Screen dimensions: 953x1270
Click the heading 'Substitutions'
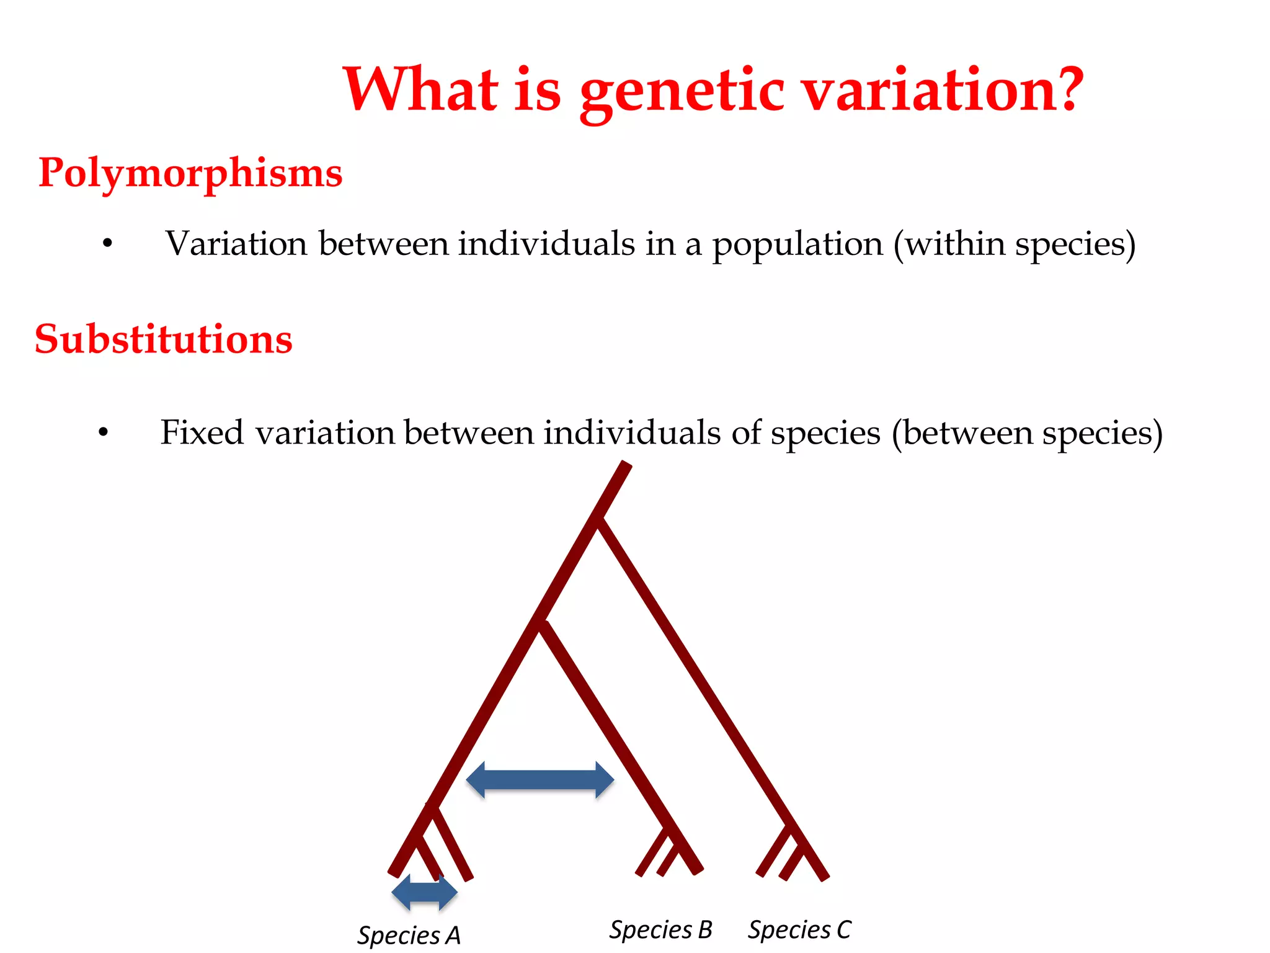point(164,339)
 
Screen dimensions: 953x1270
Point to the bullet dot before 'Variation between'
point(108,244)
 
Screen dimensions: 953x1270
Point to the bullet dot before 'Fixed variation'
point(104,432)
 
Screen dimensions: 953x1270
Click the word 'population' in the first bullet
point(797,244)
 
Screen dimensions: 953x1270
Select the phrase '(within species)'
point(1015,244)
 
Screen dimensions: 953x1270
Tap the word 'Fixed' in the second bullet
point(202,432)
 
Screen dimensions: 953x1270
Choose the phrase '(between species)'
point(1027,432)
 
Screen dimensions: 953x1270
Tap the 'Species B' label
point(660,929)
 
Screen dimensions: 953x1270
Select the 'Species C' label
point(799,929)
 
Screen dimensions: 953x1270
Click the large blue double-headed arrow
point(540,780)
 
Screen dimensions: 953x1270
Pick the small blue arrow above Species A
point(425,892)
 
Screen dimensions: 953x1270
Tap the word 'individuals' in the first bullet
point(546,244)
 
